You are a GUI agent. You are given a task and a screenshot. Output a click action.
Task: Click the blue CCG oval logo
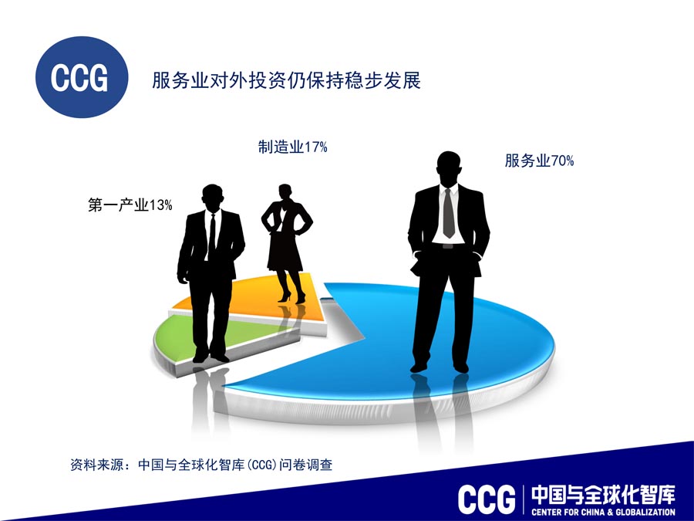point(82,77)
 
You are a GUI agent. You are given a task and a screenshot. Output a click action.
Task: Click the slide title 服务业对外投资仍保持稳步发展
point(286,80)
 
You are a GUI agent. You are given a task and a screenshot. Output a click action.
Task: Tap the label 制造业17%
point(292,147)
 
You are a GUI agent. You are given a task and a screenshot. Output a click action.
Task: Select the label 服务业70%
point(539,161)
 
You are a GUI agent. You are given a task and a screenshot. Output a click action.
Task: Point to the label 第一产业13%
point(130,205)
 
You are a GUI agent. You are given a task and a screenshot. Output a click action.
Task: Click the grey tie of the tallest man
point(449,213)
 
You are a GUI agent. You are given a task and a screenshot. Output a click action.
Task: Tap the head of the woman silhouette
point(285,191)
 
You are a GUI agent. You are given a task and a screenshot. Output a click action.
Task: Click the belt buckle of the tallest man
point(448,246)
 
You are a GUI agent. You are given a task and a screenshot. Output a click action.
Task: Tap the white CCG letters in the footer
point(487,499)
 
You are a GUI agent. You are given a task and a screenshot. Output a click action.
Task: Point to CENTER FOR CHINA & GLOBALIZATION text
point(604,513)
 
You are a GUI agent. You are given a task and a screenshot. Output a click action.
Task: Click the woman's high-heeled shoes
point(292,297)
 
